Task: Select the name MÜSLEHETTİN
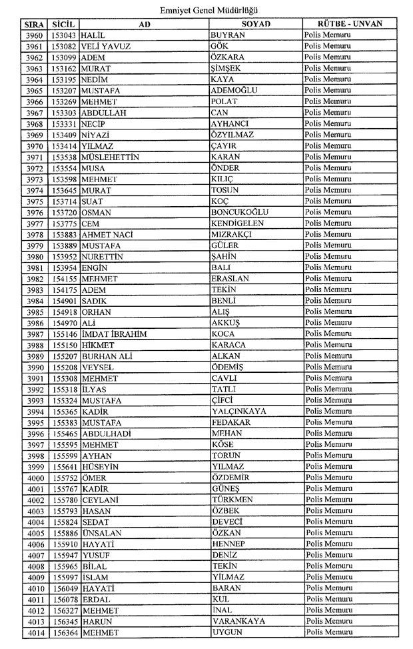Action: click(109, 157)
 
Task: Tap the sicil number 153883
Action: click(65, 234)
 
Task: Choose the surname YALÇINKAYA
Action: click(238, 411)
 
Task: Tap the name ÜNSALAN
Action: click(103, 533)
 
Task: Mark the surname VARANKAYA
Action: click(238, 621)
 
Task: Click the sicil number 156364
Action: click(65, 632)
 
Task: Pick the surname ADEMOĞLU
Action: click(234, 90)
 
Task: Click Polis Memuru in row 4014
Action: click(328, 632)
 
